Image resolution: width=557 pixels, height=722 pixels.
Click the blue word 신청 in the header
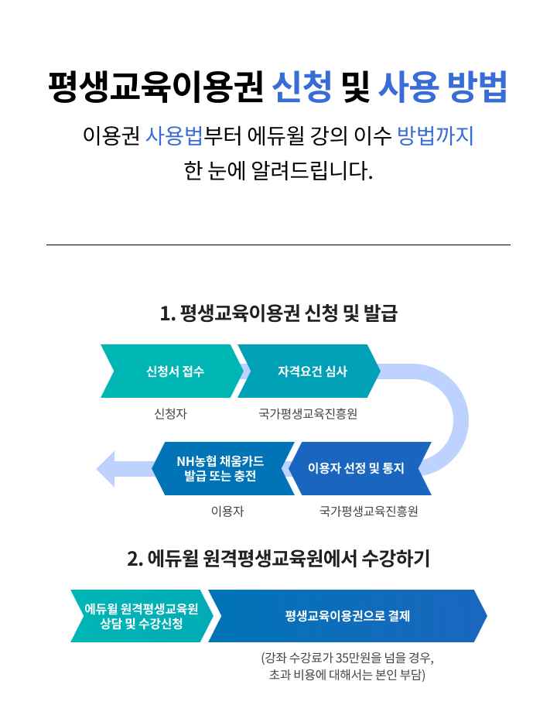click(x=302, y=87)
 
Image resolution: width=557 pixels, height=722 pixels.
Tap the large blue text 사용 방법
click(x=443, y=87)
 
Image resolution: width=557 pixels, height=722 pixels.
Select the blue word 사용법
click(x=174, y=136)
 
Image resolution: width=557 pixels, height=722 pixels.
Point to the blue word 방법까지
click(x=435, y=136)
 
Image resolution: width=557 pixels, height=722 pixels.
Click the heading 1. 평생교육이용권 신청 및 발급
click(x=278, y=313)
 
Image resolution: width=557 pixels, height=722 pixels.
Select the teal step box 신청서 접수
click(x=175, y=371)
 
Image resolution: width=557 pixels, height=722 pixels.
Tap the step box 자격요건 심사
click(x=312, y=371)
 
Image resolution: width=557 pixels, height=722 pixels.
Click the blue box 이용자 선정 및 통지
click(x=356, y=468)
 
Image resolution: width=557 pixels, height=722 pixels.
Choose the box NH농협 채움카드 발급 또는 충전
click(x=220, y=468)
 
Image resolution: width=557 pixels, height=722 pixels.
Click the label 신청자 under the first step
click(x=170, y=414)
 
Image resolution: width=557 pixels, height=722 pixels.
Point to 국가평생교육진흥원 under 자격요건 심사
click(x=308, y=414)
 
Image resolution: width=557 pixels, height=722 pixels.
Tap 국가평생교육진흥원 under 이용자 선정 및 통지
click(x=368, y=511)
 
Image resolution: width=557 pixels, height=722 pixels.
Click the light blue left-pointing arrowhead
click(x=107, y=468)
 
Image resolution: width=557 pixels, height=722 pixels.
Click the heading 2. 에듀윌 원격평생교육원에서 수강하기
click(x=278, y=558)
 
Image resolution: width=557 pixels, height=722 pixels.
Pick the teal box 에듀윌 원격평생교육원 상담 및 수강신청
click(x=141, y=616)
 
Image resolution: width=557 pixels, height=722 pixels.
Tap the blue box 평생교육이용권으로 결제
click(x=347, y=616)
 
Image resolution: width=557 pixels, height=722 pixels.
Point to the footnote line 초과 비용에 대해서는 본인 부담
click(x=347, y=676)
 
